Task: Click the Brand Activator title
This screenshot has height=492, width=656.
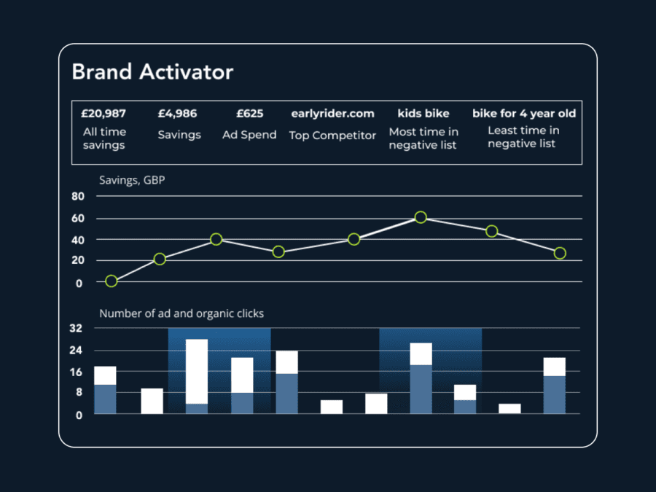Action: point(152,72)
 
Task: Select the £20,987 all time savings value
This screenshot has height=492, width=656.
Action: point(104,114)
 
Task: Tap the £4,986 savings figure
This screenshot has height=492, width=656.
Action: point(178,114)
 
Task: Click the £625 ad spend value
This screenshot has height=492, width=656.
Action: point(249,114)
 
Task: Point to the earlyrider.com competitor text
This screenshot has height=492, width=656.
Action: point(332,114)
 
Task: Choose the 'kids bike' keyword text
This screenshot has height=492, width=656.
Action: point(423,114)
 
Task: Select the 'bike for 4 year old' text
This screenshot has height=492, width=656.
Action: point(523,114)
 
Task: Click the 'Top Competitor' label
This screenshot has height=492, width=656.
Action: point(332,136)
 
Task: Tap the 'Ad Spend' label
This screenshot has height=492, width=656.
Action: point(249,135)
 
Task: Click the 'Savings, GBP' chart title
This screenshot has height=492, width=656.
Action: point(132,180)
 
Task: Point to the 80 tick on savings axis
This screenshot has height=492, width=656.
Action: point(78,197)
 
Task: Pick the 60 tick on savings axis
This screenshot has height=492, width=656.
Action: point(78,219)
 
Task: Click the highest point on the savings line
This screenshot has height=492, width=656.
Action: point(421,217)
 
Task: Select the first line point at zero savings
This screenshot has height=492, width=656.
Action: point(111,281)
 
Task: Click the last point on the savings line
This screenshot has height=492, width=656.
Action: point(559,253)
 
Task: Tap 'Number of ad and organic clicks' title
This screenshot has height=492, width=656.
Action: point(181,313)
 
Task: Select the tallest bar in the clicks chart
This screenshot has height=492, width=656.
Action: point(197,376)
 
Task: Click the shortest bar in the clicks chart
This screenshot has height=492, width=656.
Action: point(509,408)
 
